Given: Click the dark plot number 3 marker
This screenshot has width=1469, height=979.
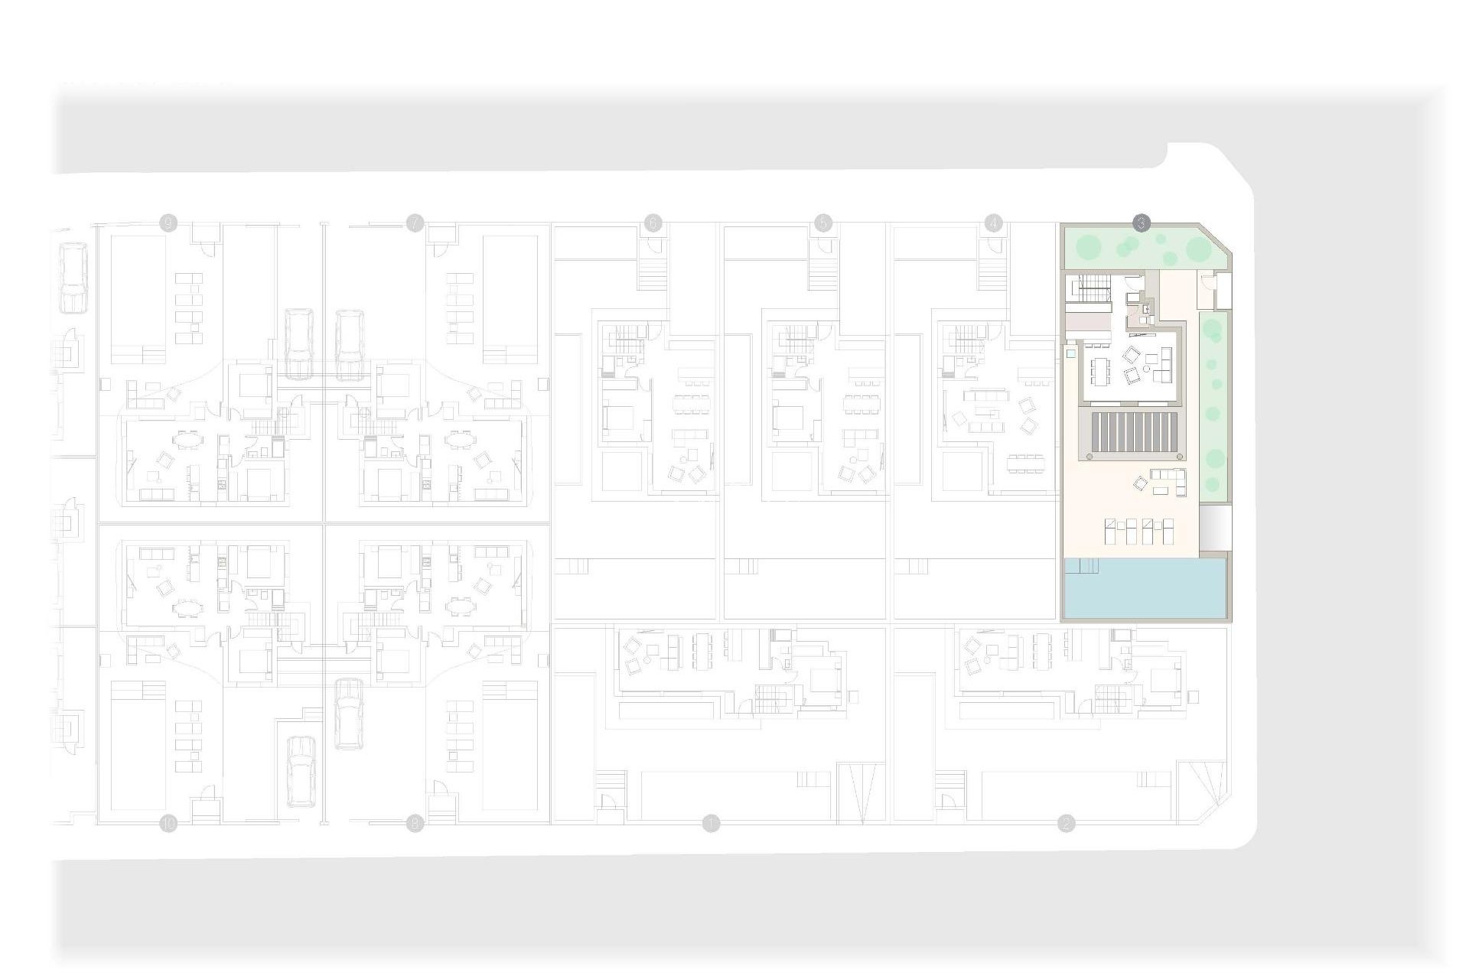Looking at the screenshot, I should point(1141,223).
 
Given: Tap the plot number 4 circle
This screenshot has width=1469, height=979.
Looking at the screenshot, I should point(993,223).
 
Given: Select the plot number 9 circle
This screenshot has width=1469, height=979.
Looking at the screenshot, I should point(168,223).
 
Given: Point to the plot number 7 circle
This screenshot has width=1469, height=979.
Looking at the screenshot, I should point(415,223).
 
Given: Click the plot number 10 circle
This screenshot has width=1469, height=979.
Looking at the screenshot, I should point(168,824).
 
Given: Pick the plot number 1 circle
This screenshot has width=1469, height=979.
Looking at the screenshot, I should point(712,824).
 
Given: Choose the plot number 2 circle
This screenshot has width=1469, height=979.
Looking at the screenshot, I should point(1066,824).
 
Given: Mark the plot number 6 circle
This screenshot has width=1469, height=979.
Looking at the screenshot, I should point(653,223).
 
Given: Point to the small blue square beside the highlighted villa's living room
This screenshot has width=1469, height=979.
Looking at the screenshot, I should point(1070,354).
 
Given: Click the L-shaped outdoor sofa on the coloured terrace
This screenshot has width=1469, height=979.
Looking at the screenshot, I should point(1168,480).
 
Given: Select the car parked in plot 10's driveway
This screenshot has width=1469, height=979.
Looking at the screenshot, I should point(301,771).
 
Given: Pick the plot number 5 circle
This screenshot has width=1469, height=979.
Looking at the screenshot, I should point(823,223).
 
